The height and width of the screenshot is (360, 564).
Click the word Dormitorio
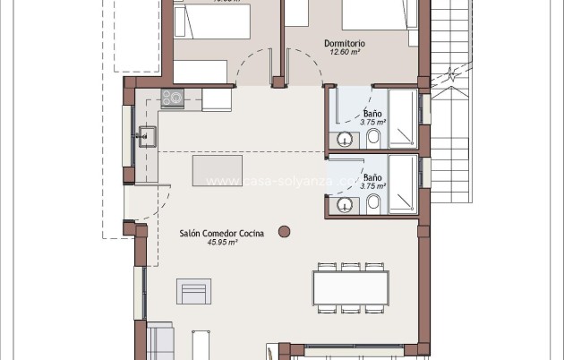click(x=346, y=42)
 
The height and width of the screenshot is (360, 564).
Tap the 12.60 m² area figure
click(x=345, y=52)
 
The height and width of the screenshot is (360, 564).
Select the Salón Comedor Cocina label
click(x=222, y=233)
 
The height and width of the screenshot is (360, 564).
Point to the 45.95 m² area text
click(x=222, y=243)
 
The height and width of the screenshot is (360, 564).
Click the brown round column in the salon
click(x=285, y=231)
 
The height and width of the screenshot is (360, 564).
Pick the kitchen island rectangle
click(x=218, y=168)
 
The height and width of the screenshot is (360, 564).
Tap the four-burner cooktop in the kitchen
click(x=172, y=98)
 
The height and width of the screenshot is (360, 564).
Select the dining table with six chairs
click(x=350, y=287)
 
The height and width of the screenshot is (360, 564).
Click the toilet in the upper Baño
click(x=373, y=137)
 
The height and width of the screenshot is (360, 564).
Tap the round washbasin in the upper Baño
click(x=344, y=138)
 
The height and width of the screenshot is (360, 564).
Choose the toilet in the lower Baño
click(x=373, y=204)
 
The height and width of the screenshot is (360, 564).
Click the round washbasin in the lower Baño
click(x=344, y=205)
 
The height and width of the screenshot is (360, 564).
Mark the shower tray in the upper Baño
click(x=403, y=116)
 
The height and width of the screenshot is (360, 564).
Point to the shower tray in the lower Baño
click(x=403, y=184)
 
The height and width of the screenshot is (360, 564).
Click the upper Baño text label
click(x=372, y=114)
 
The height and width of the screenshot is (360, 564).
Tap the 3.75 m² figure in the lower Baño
click(x=372, y=186)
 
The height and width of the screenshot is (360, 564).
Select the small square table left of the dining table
click(x=194, y=292)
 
